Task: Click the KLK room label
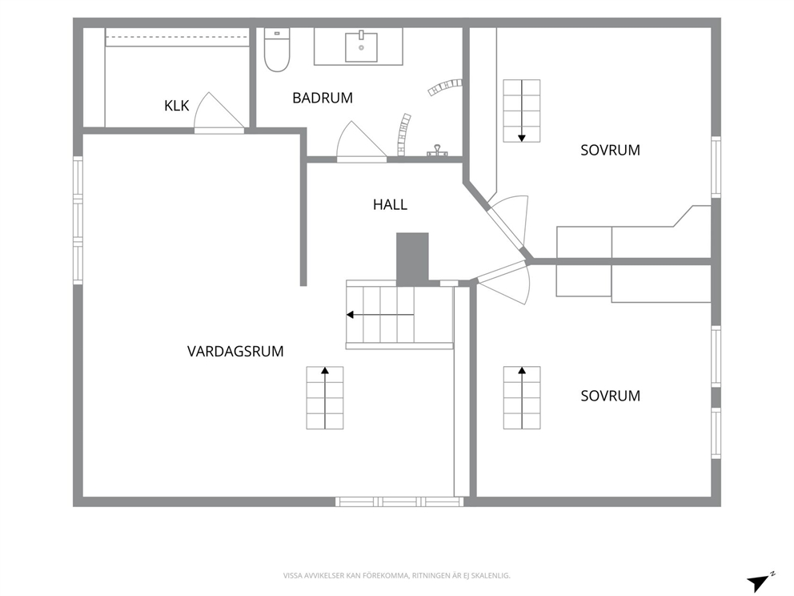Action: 176,106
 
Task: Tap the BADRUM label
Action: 323,98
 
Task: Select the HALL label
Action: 390,205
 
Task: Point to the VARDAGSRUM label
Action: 235,351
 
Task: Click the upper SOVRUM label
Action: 610,150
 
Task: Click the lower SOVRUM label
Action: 610,396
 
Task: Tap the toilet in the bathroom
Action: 277,50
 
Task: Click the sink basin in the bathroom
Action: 361,47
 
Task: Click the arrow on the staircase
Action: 380,316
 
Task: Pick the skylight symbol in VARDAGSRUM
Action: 325,398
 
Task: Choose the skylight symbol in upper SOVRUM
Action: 522,111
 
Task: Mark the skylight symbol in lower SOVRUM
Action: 522,398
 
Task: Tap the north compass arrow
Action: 758,583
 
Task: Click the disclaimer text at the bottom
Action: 396,576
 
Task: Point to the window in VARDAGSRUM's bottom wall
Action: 399,501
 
